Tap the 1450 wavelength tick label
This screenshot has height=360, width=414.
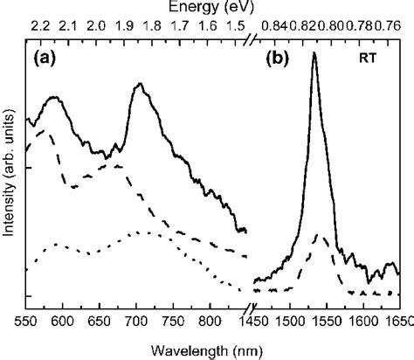(x=261, y=322)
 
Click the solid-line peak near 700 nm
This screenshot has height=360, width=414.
(x=139, y=85)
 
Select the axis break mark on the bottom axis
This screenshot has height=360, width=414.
(x=252, y=307)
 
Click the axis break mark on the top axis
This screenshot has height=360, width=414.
(x=252, y=42)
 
